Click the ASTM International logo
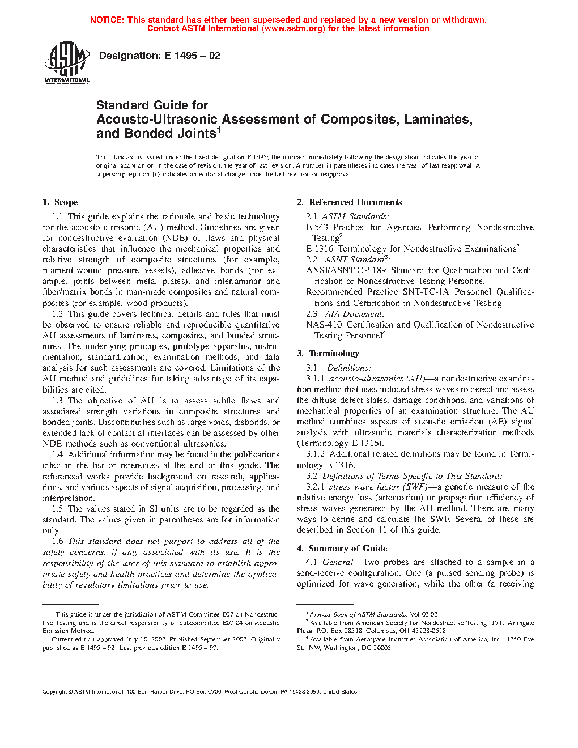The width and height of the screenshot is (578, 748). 67,63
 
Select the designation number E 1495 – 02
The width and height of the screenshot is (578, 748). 192,56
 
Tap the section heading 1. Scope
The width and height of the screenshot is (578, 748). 60,202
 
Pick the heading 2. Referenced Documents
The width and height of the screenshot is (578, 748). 349,202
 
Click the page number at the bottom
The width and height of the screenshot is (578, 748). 288,719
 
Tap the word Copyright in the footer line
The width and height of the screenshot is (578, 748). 55,691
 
